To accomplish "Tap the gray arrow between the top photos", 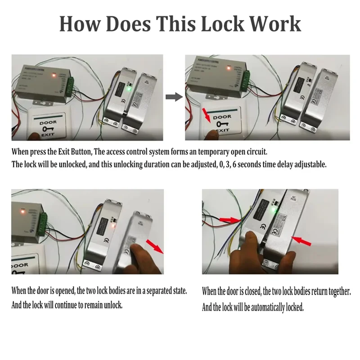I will pos(173,96).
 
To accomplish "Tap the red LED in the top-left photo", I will pos(54,75).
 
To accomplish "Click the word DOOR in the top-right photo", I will pos(222,117).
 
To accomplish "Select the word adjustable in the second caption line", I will pos(310,165).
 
